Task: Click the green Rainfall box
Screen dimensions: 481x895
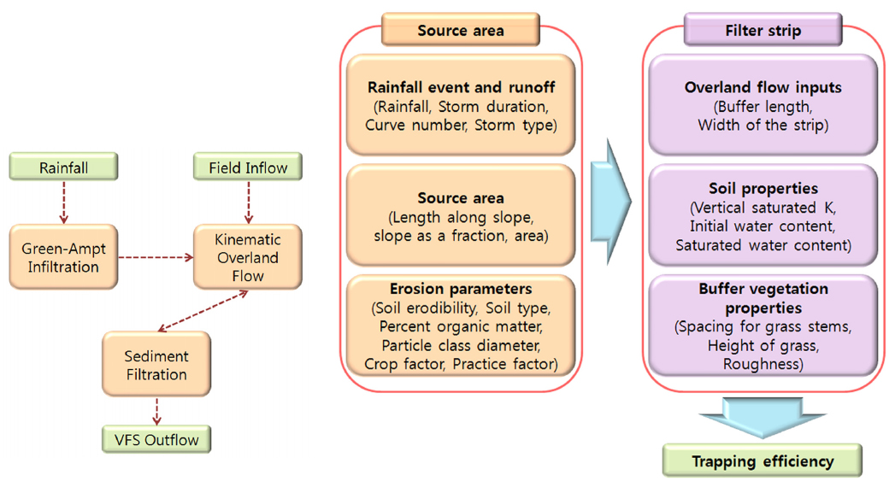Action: coord(63,167)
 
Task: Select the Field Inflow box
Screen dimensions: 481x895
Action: coord(248,167)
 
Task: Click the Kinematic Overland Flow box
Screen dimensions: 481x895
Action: coord(248,255)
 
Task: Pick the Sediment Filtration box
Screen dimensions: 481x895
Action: coord(156,365)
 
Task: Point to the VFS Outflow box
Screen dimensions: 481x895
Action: coord(156,440)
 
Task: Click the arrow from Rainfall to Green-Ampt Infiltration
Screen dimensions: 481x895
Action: coord(63,202)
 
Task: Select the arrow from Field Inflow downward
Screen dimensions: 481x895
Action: coord(248,202)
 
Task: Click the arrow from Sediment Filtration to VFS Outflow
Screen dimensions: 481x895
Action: coord(156,412)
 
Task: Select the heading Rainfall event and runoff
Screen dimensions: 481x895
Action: coord(460,87)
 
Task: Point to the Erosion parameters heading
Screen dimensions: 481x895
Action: coord(460,289)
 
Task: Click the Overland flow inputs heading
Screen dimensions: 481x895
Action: coord(763,87)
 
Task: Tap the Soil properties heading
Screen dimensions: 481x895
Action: coord(763,187)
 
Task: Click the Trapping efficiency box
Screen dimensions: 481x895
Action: coord(763,461)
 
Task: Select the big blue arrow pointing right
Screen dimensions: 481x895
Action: coord(611,202)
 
